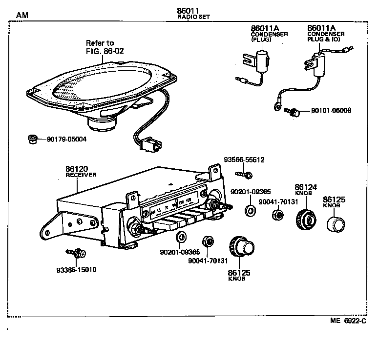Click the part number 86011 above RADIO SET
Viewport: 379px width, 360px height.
pos(188,11)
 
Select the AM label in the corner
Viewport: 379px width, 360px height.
pos(22,15)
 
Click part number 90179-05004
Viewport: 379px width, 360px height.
pos(66,139)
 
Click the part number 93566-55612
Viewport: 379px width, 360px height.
pos(244,160)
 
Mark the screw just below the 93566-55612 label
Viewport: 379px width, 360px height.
pos(243,173)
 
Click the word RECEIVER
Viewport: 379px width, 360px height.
pos(81,174)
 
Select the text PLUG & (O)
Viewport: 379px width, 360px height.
pos(324,40)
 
